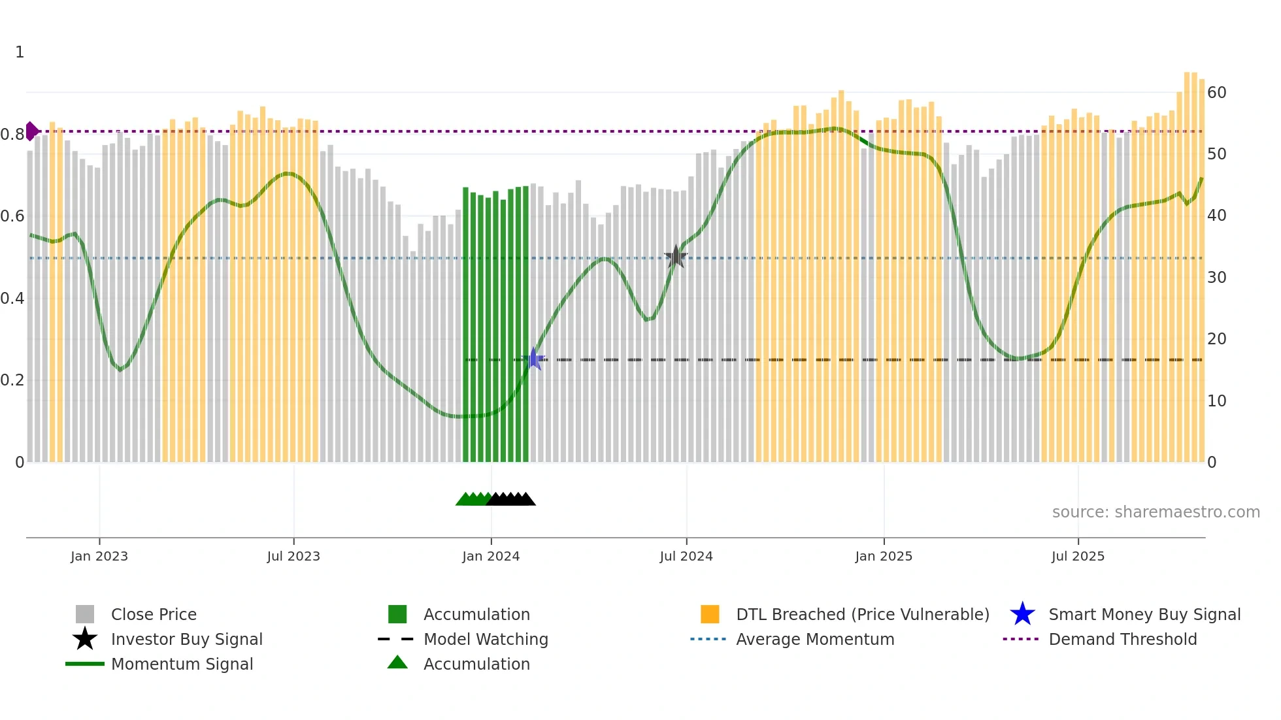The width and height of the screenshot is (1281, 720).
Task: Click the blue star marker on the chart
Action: point(534,359)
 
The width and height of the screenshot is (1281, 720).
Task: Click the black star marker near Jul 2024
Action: point(676,257)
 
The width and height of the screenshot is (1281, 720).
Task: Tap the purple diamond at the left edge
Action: point(31,131)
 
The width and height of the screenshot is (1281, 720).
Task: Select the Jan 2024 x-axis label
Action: point(491,556)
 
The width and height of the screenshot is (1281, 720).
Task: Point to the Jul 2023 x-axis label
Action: point(293,556)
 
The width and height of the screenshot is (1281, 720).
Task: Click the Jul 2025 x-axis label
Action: point(1078,556)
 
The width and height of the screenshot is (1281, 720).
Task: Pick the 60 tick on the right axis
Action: point(1216,93)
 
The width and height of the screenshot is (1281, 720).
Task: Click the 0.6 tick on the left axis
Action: point(12,216)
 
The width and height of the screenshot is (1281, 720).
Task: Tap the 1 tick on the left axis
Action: point(20,52)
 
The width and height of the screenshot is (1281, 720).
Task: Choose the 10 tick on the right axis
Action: point(1216,401)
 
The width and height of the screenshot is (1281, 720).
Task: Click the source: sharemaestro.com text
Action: point(1156,512)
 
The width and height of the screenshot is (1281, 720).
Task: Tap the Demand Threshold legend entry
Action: point(1122,639)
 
